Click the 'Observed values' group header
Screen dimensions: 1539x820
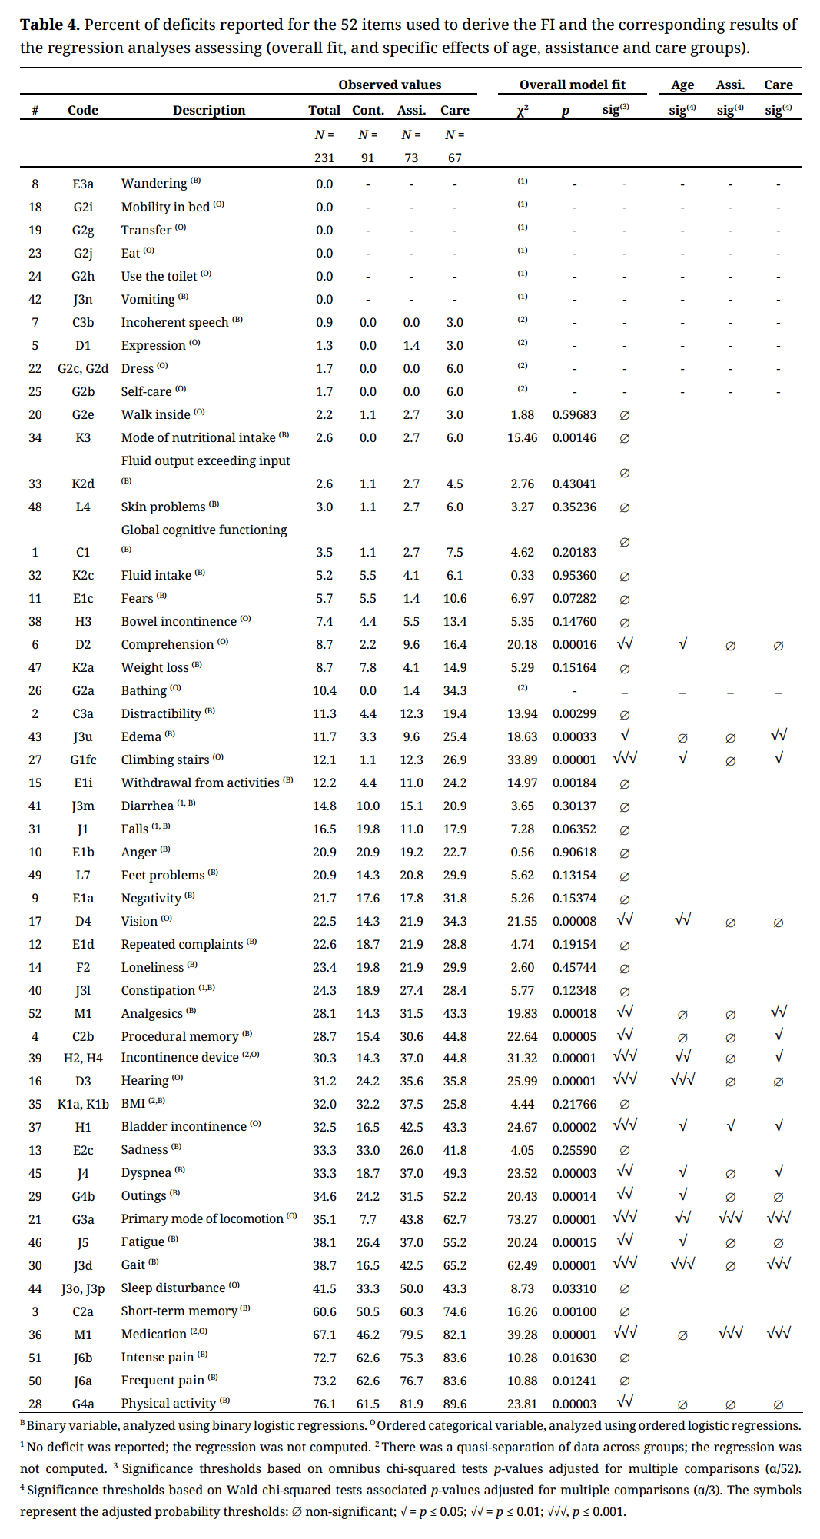(390, 85)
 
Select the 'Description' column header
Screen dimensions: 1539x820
(209, 110)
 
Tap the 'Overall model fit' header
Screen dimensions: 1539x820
(572, 85)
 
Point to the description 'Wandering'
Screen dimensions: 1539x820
(154, 184)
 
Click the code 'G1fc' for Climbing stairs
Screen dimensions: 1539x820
(83, 760)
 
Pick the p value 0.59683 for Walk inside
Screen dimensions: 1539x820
(574, 414)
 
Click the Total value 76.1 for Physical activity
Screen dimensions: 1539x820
(324, 1404)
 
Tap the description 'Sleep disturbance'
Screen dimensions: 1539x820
(173, 1288)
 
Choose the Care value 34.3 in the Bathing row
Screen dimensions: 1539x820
(455, 690)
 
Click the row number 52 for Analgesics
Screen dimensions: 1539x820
(35, 1013)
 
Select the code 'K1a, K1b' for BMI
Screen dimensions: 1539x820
(83, 1104)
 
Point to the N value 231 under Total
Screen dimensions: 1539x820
(324, 158)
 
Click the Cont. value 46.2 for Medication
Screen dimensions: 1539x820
(368, 1335)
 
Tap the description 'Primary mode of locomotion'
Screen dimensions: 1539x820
(202, 1218)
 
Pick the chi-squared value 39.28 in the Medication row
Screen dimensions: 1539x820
(522, 1335)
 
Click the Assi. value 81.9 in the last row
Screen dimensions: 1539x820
(411, 1404)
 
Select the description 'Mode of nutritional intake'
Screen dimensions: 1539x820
(198, 437)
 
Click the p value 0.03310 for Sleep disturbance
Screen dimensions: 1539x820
(574, 1288)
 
